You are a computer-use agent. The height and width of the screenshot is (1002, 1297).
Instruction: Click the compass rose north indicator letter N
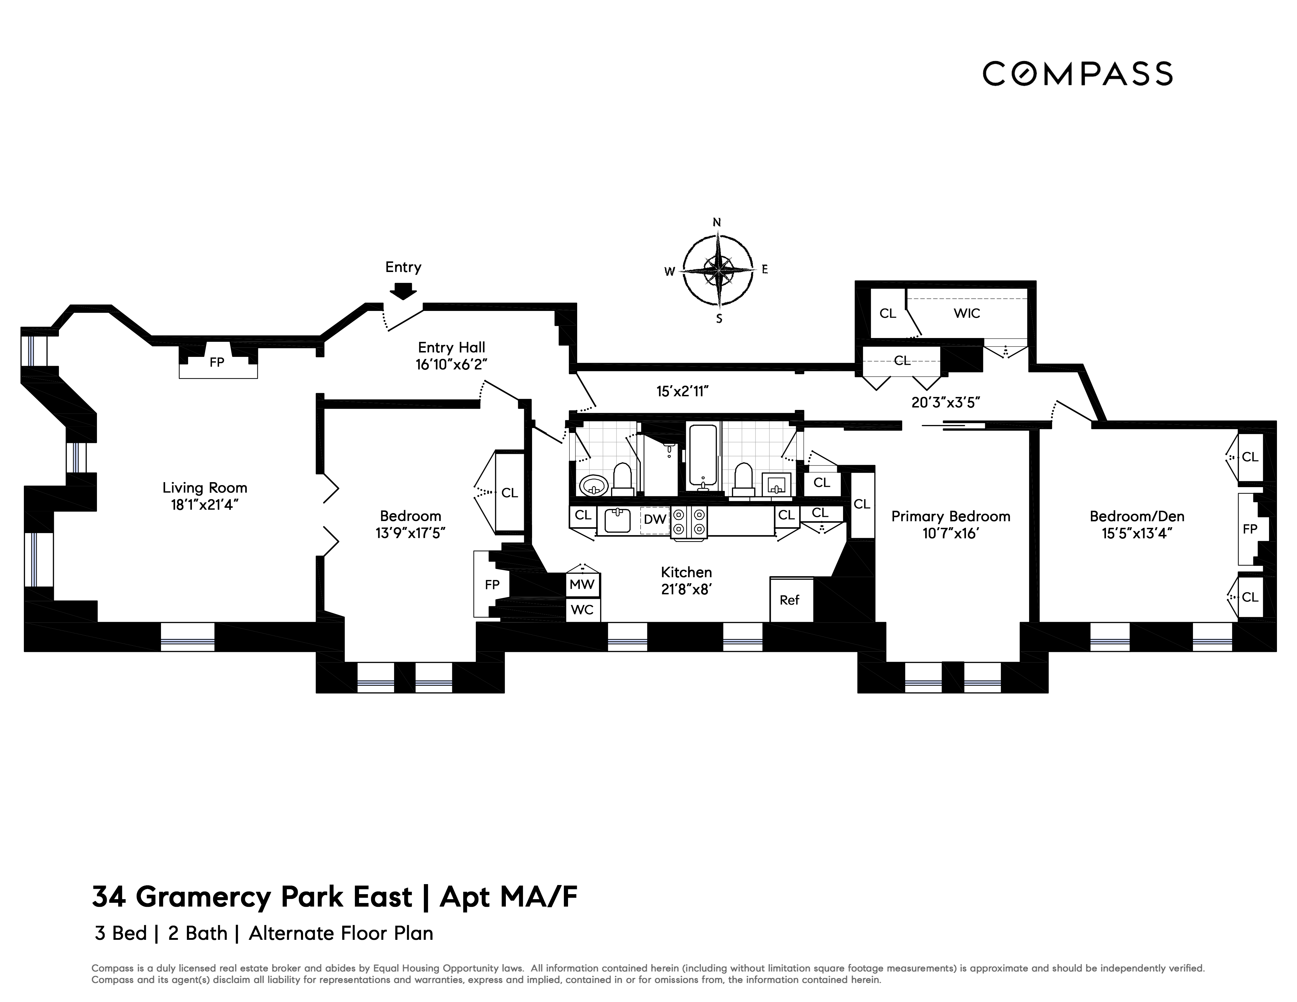click(717, 223)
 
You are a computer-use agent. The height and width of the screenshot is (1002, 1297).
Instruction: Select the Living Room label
click(205, 488)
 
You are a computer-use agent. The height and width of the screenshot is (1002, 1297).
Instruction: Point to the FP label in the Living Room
click(217, 362)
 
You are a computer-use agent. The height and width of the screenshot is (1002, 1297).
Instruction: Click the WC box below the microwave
click(582, 610)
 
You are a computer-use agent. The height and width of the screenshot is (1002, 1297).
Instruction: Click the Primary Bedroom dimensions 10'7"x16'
click(950, 534)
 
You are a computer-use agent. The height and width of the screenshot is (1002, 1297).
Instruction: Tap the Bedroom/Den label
click(1137, 516)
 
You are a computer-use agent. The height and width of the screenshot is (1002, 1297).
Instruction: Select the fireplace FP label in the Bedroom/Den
click(1250, 529)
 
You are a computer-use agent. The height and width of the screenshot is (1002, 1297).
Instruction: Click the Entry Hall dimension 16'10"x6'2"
click(451, 365)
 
